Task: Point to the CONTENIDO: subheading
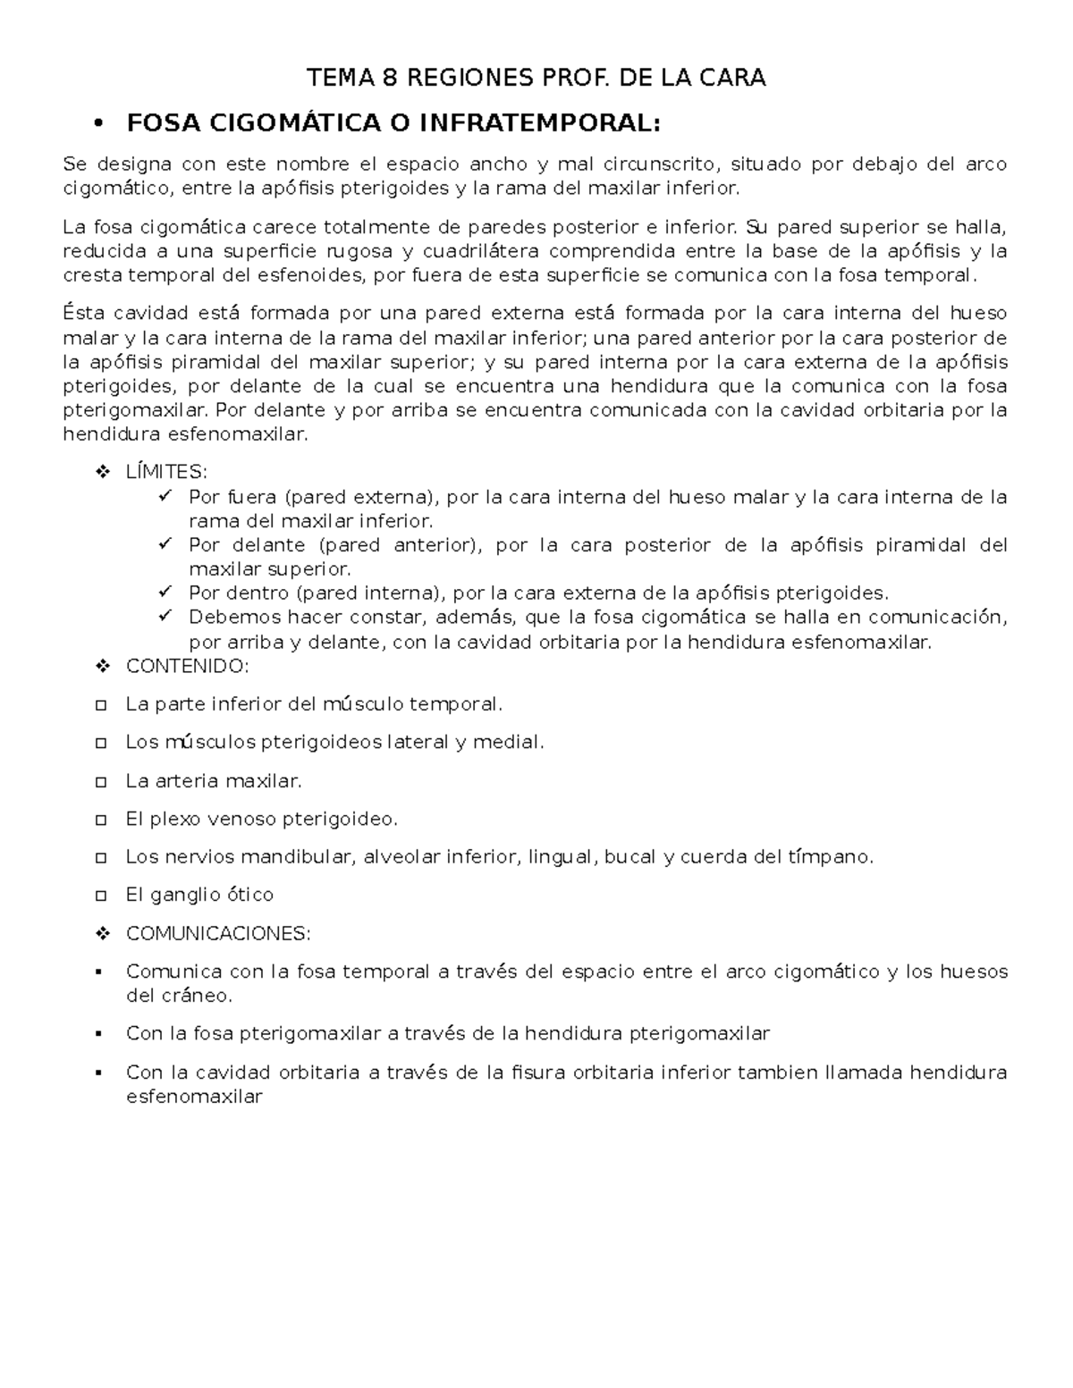[x=187, y=666]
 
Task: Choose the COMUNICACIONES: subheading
[x=218, y=933]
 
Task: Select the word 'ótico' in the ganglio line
[x=249, y=895]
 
